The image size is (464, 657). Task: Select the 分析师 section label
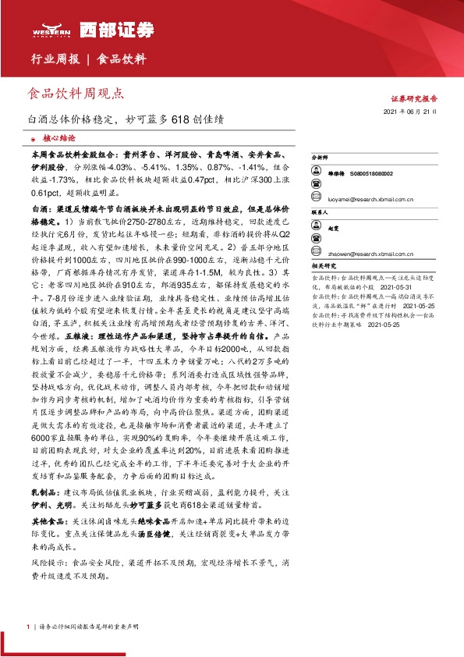(x=319, y=157)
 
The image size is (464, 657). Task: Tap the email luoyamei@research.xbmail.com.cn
(x=373, y=199)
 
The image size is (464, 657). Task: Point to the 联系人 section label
(x=319, y=211)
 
